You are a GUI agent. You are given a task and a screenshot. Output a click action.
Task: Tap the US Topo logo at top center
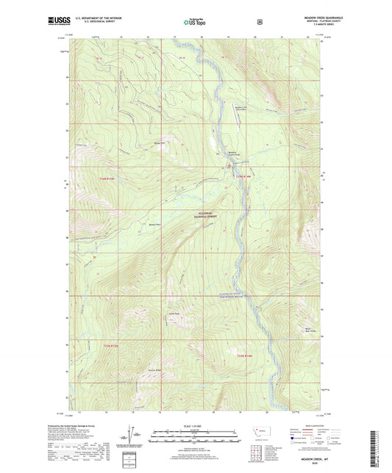[196, 22]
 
